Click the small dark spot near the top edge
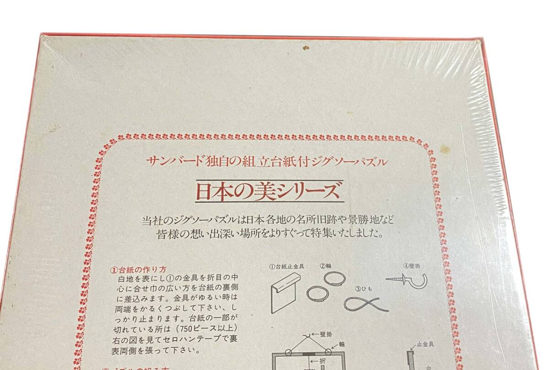[306, 47]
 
